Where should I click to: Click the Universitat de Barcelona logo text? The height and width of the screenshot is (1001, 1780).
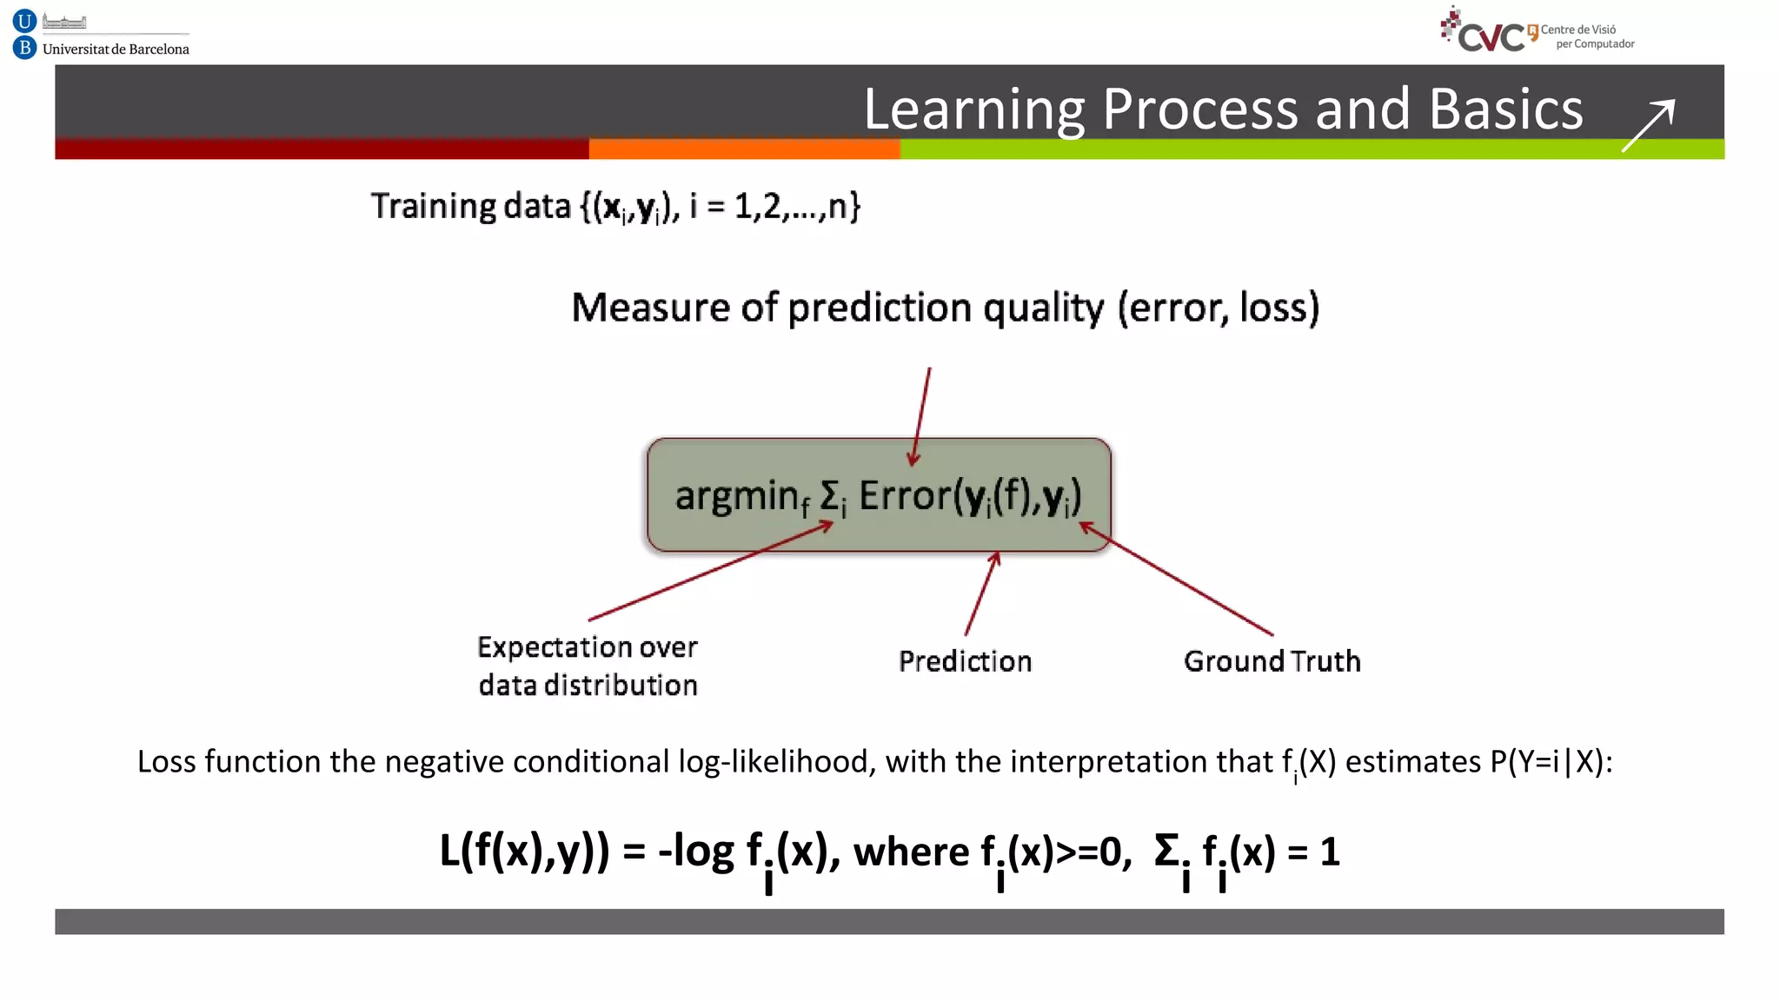coord(116,50)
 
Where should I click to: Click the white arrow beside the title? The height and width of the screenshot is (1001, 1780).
coord(1648,126)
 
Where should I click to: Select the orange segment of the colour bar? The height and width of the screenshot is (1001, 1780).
coord(744,149)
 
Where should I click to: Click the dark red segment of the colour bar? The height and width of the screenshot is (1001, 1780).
coord(322,149)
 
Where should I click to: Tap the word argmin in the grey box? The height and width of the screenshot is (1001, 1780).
coord(736,496)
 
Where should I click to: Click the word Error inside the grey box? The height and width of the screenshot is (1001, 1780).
coord(904,496)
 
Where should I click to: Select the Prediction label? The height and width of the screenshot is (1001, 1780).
coord(965,661)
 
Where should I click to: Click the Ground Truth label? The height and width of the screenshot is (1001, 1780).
coord(1272,661)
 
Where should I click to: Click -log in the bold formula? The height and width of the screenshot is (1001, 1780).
coord(695,851)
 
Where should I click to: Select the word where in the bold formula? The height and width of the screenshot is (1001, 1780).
coord(910,851)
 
